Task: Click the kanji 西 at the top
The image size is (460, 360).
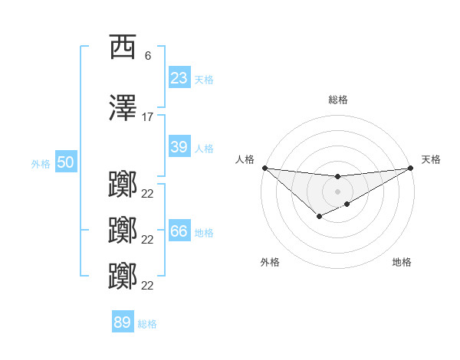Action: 123,47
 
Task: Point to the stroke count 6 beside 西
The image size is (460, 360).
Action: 147,56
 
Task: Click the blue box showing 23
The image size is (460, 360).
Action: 179,78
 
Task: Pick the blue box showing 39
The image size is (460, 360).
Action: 179,147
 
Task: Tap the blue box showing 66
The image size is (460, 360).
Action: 179,231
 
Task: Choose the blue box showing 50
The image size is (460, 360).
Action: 65,162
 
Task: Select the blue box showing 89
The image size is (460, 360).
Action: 123,322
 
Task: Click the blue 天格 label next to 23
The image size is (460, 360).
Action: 204,79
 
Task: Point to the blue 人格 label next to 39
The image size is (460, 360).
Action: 204,148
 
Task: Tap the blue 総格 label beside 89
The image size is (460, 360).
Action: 147,323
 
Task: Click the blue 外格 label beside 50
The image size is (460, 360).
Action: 41,163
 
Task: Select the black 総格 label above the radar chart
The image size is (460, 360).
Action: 338,100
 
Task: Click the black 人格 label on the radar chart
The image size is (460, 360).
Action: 245,159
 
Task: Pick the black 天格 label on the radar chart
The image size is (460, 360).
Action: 431,159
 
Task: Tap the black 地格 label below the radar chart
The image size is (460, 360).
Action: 402,262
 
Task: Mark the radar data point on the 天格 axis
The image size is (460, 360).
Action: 410,168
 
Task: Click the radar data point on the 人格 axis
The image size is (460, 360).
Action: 264,168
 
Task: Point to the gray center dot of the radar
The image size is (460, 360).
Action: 337,191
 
